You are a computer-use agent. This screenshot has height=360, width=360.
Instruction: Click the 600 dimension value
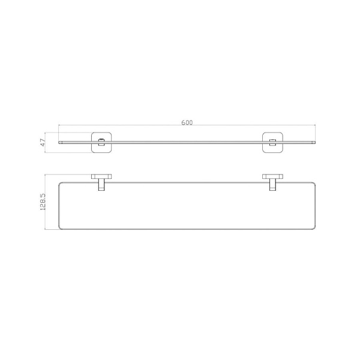(x=187, y=122)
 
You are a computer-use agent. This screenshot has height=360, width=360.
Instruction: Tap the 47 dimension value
(x=43, y=143)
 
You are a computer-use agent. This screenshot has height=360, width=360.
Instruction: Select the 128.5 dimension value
(x=43, y=202)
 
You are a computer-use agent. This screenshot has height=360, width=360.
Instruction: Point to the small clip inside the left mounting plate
(x=101, y=142)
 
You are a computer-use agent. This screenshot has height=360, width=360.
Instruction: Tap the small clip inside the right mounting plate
(x=272, y=142)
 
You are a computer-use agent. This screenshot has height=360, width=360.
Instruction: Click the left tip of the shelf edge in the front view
(x=59, y=143)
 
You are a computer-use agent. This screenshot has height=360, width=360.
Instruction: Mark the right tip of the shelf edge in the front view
(x=316, y=143)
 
